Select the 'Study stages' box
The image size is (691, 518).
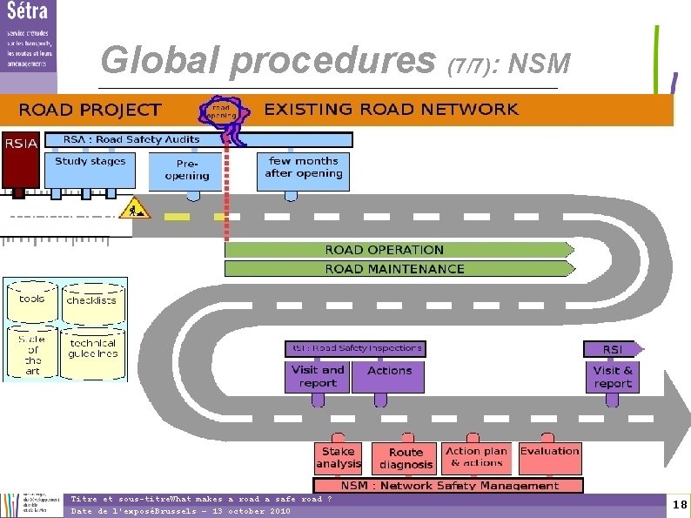90,170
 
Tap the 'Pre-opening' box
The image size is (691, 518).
185,171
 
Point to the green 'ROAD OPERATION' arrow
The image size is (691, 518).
398,250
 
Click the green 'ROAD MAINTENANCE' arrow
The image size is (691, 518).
398,269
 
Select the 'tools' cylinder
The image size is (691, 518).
32,302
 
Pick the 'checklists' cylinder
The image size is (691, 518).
91,303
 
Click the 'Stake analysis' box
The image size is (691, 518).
339,458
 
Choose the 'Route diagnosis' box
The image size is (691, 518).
406,458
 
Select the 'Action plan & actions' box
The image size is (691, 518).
477,457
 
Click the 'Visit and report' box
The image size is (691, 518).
318,376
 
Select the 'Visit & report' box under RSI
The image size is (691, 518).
613,376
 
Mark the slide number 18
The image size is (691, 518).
680,505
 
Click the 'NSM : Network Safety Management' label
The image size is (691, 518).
450,486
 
